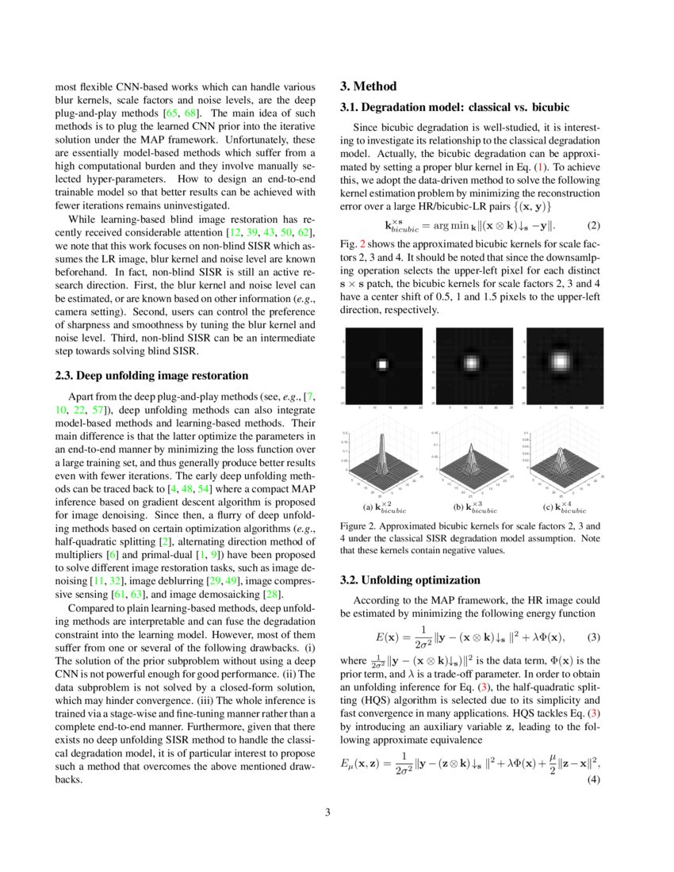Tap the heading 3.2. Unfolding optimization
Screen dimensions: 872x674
pyautogui.click(x=410, y=579)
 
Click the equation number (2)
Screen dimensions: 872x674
pyautogui.click(x=592, y=225)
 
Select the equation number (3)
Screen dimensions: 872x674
pyautogui.click(x=592, y=637)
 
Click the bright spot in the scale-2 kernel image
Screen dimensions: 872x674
pyautogui.click(x=381, y=365)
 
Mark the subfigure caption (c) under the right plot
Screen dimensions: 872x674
pyautogui.click(x=564, y=507)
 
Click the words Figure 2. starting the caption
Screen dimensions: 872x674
pyautogui.click(x=359, y=526)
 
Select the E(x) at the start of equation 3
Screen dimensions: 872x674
pyautogui.click(x=386, y=637)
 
